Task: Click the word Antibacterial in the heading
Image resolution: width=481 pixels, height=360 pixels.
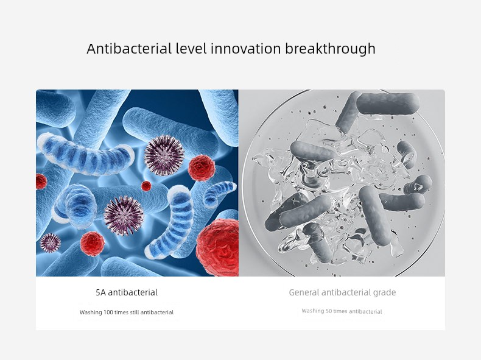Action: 129,49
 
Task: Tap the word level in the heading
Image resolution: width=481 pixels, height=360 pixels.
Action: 191,49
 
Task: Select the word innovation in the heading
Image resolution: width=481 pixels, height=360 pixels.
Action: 246,49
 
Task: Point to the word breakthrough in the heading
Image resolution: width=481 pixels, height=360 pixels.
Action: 331,49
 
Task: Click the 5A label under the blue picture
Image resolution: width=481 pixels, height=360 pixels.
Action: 100,292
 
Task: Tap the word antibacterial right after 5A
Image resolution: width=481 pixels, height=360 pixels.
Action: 133,292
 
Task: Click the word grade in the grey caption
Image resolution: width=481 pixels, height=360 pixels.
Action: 384,293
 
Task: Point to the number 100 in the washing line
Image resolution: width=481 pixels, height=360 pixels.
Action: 108,312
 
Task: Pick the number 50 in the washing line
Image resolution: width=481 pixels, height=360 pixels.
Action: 329,311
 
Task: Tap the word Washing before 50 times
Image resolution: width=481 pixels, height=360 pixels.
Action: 313,311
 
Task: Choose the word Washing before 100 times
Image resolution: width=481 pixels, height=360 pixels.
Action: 91,312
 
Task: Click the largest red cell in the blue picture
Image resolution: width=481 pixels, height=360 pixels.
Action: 217,247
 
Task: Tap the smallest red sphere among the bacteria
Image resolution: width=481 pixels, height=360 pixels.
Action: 146,186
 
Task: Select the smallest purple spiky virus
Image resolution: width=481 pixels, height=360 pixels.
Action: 50,243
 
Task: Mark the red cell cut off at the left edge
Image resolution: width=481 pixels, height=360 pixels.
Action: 41,182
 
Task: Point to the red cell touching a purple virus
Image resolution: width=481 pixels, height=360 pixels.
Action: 202,168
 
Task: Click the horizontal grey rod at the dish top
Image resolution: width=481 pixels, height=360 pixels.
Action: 388,104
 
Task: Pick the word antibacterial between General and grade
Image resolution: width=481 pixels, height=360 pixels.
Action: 346,292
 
